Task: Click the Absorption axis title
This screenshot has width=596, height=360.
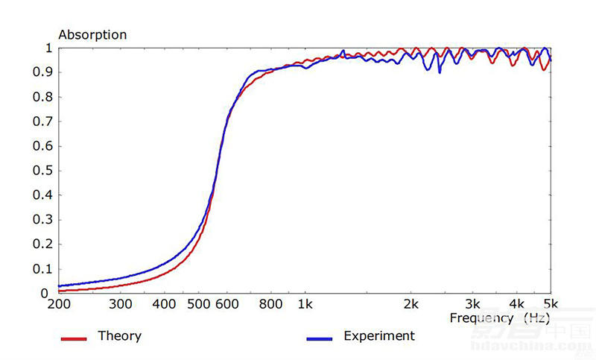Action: click(92, 34)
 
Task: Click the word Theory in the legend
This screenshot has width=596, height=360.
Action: click(119, 336)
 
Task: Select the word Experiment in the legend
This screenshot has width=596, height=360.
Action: click(378, 336)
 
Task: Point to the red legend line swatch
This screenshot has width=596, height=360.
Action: click(74, 339)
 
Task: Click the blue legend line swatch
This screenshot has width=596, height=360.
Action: click(319, 339)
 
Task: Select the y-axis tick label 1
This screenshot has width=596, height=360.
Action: click(48, 48)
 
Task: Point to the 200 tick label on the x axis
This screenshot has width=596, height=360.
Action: click(59, 305)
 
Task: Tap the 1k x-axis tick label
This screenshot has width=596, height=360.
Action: click(305, 305)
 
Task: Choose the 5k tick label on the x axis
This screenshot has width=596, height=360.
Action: click(551, 305)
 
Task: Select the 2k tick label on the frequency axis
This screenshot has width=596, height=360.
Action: click(410, 305)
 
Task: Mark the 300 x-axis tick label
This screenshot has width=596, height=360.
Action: click(121, 305)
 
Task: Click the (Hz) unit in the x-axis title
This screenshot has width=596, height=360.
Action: click(537, 318)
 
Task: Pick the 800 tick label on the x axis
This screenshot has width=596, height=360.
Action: click(271, 305)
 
